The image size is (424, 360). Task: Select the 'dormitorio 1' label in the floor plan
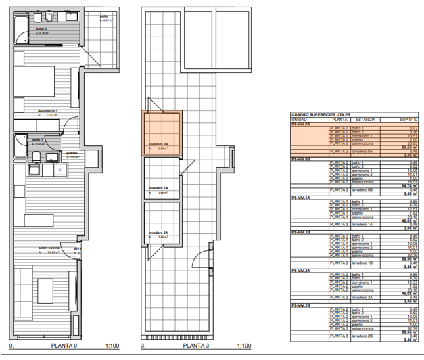coord(47,111)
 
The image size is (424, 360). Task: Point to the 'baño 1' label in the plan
coord(37,139)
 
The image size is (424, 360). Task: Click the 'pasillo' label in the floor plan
coord(72,153)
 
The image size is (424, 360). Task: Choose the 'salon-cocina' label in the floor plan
coord(49,248)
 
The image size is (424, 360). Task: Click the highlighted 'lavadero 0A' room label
coord(158,143)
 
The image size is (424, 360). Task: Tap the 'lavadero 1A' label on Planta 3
coord(158,189)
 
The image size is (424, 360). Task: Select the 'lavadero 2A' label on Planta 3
coord(158,233)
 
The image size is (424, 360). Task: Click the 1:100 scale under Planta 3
coord(243,346)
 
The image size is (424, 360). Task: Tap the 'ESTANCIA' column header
coord(365,119)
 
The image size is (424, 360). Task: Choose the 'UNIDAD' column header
coord(300,119)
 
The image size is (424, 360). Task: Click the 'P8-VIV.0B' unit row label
coord(301,159)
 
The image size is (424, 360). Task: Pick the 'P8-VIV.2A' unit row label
coord(301,269)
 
